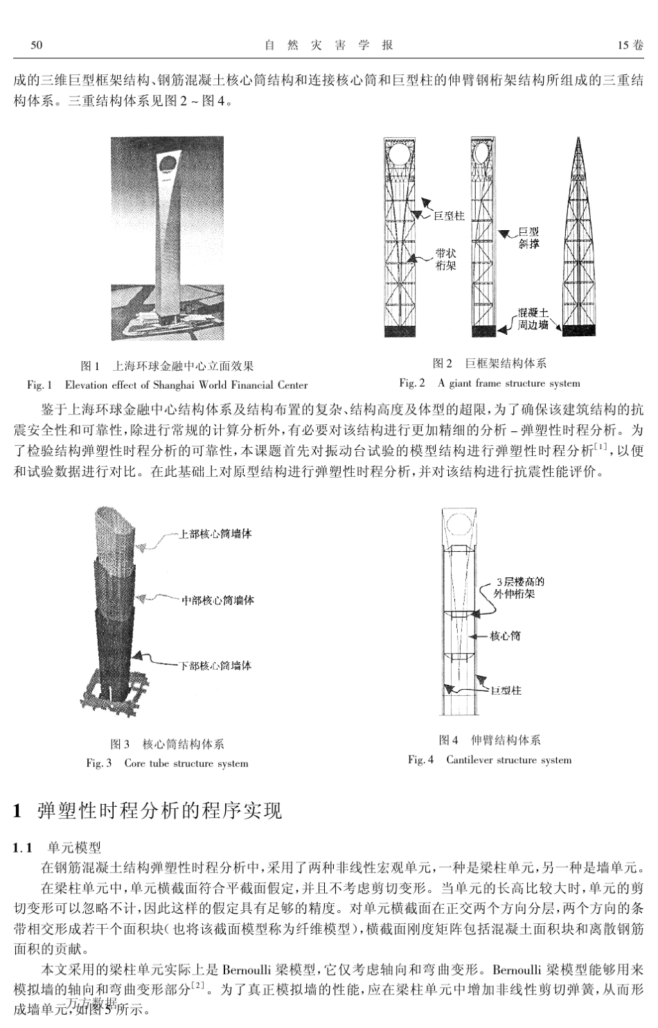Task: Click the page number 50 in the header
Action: (37, 45)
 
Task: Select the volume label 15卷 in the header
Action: (630, 45)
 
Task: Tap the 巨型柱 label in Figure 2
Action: (449, 216)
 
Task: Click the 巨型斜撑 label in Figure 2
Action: (528, 238)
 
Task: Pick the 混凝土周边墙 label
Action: (533, 319)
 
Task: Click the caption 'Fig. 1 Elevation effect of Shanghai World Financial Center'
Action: (167, 385)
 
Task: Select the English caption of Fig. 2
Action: (489, 383)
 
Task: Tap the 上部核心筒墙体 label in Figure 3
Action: (215, 534)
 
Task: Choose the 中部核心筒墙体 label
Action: (217, 600)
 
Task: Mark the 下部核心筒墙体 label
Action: (215, 665)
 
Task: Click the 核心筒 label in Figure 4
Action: (505, 635)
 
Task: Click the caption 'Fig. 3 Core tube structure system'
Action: (167, 763)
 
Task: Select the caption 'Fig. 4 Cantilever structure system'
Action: (490, 760)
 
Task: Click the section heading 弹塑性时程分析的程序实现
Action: (160, 810)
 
